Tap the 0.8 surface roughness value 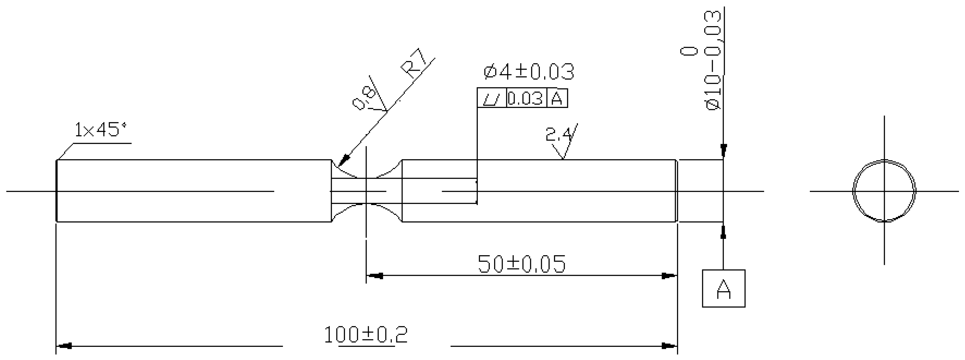click(x=364, y=98)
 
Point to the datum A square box click(x=723, y=288)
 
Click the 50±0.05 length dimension click(x=522, y=264)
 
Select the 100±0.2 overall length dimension click(x=366, y=335)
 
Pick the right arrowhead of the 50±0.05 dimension click(x=668, y=276)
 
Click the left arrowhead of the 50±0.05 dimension click(x=375, y=276)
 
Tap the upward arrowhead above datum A click(x=723, y=231)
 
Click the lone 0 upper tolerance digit click(x=689, y=51)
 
